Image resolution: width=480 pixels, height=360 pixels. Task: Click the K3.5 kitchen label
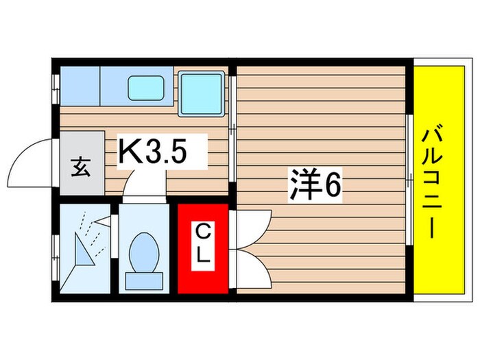(154, 152)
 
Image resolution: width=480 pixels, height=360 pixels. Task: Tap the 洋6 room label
(314, 185)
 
